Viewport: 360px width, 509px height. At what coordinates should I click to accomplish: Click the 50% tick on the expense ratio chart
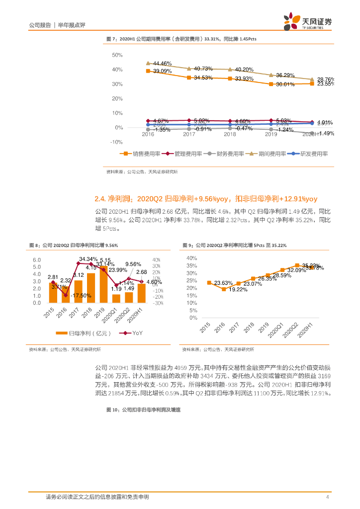pos(117,55)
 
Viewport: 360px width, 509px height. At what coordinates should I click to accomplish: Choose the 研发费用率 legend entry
pos(314,154)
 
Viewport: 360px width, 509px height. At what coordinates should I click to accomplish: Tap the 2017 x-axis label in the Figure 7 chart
pos(189,134)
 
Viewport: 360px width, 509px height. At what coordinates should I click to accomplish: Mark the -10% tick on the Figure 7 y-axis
pos(116,142)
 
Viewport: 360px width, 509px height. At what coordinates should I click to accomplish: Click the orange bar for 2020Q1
pos(116,298)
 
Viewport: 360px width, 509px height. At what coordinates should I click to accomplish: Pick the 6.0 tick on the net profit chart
pos(37,260)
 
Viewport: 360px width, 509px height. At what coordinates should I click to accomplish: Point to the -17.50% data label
pos(81,296)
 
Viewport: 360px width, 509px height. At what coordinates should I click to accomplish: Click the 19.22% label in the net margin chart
pos(238,290)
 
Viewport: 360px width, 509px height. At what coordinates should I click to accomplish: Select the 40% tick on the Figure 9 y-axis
pos(191,258)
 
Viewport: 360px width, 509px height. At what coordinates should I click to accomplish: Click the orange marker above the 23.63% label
pos(209,282)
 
